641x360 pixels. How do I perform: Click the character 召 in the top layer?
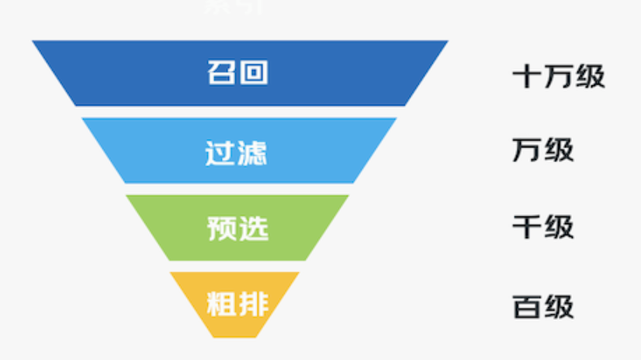pos(221,73)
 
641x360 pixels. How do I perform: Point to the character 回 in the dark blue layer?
pos(254,73)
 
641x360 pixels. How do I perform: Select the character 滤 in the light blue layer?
pos(253,151)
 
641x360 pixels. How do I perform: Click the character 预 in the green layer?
pos(221,228)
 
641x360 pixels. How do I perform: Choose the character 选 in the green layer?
pos(254,228)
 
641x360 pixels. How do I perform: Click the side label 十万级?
pos(558,76)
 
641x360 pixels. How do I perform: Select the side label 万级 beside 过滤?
pos(542,151)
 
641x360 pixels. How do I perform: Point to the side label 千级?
pos(542,227)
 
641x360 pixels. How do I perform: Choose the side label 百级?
pos(542,307)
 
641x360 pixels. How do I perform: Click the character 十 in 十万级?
pos(527,76)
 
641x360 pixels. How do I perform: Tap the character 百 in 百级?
pos(527,307)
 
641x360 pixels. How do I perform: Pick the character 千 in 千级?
pos(527,227)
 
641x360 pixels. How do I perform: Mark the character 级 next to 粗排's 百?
pos(559,307)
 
